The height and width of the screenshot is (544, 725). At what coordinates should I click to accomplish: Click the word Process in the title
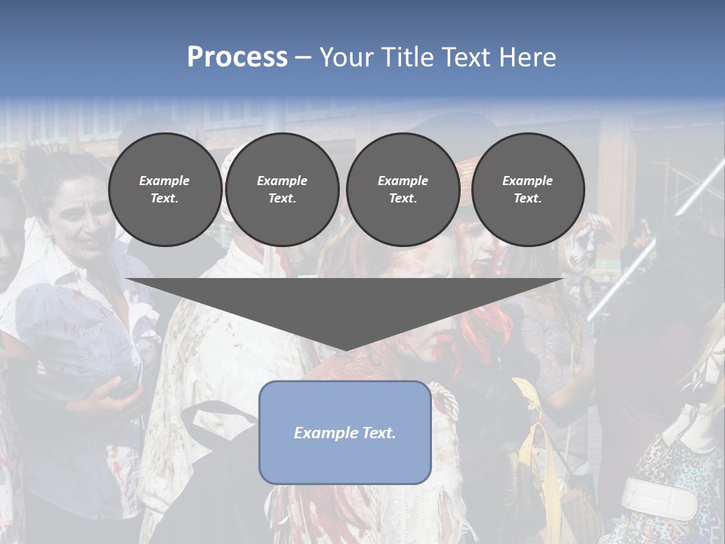coord(237,57)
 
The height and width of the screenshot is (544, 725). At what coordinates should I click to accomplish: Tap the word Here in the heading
coord(526,57)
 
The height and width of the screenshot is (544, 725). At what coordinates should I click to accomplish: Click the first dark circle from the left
coord(165,190)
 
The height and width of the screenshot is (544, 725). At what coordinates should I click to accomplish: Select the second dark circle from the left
coord(282,190)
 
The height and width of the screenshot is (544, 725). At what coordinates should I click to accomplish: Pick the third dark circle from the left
coord(403,190)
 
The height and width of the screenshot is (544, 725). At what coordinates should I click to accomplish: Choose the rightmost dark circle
coord(527,190)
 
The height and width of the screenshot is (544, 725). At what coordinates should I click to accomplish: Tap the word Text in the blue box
coord(378,433)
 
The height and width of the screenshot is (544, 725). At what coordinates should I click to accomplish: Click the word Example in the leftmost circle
coord(165,181)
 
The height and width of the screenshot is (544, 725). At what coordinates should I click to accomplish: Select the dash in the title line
coord(303,57)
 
